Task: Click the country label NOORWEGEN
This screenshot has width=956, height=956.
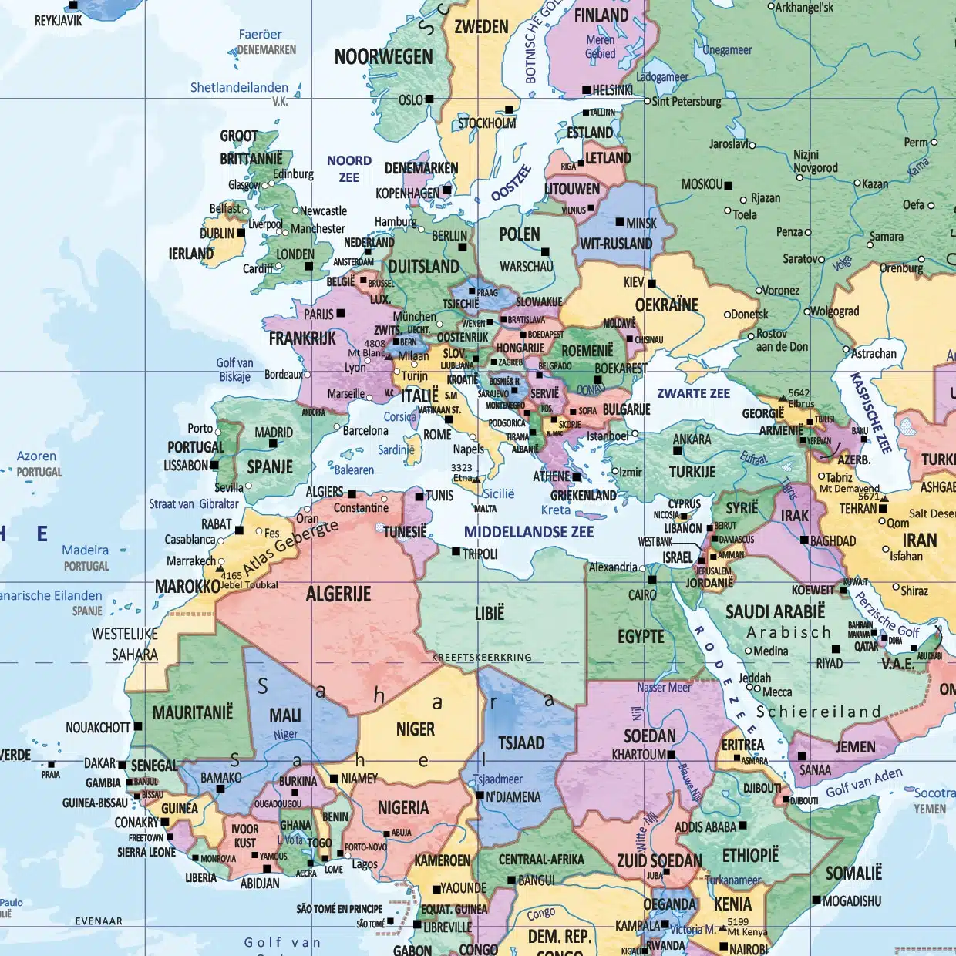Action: [383, 57]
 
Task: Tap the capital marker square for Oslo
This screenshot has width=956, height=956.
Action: [429, 99]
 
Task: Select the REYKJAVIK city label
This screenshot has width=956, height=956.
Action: [58, 21]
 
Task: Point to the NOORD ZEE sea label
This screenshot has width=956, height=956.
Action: [349, 169]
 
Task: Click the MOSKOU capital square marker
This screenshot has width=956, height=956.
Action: [729, 185]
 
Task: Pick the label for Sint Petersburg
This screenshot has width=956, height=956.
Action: [687, 102]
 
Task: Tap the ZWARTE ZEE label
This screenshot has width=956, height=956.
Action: [693, 393]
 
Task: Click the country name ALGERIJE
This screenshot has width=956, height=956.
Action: [338, 594]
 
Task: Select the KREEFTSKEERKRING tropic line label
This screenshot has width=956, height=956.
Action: [482, 658]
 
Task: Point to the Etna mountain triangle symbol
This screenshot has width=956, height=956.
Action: [476, 480]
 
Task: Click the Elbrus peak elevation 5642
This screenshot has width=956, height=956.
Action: [799, 393]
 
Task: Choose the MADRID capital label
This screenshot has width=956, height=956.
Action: [274, 433]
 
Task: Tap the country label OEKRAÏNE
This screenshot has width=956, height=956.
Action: [667, 305]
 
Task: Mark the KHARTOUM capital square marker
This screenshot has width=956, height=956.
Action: [672, 755]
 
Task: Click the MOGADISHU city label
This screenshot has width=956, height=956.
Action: [852, 901]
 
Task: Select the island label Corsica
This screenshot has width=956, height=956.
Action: [400, 417]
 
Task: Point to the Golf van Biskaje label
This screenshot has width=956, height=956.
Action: [234, 369]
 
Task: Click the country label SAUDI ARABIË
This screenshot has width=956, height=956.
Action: [775, 612]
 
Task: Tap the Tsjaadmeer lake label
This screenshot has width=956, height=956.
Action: [497, 779]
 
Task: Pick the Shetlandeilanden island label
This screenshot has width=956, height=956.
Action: [239, 88]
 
